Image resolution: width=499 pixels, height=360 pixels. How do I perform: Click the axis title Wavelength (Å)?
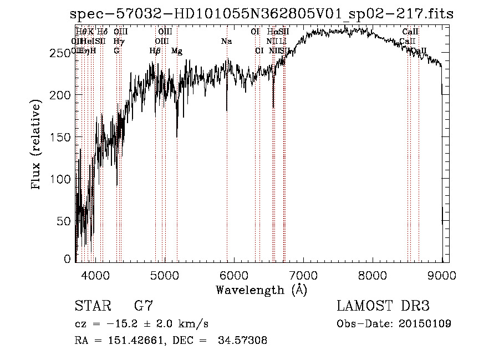click(x=261, y=290)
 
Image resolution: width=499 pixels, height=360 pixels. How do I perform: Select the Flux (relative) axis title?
click(x=37, y=145)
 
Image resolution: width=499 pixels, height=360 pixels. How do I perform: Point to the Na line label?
click(x=226, y=42)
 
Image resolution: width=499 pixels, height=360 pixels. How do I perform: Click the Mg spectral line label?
click(x=177, y=51)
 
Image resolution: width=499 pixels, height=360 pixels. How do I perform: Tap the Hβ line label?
click(x=155, y=51)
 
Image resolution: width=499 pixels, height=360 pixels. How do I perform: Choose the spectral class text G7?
click(x=144, y=306)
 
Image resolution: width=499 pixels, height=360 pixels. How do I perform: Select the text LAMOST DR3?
click(x=383, y=306)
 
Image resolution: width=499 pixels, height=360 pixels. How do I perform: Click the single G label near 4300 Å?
click(x=116, y=51)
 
